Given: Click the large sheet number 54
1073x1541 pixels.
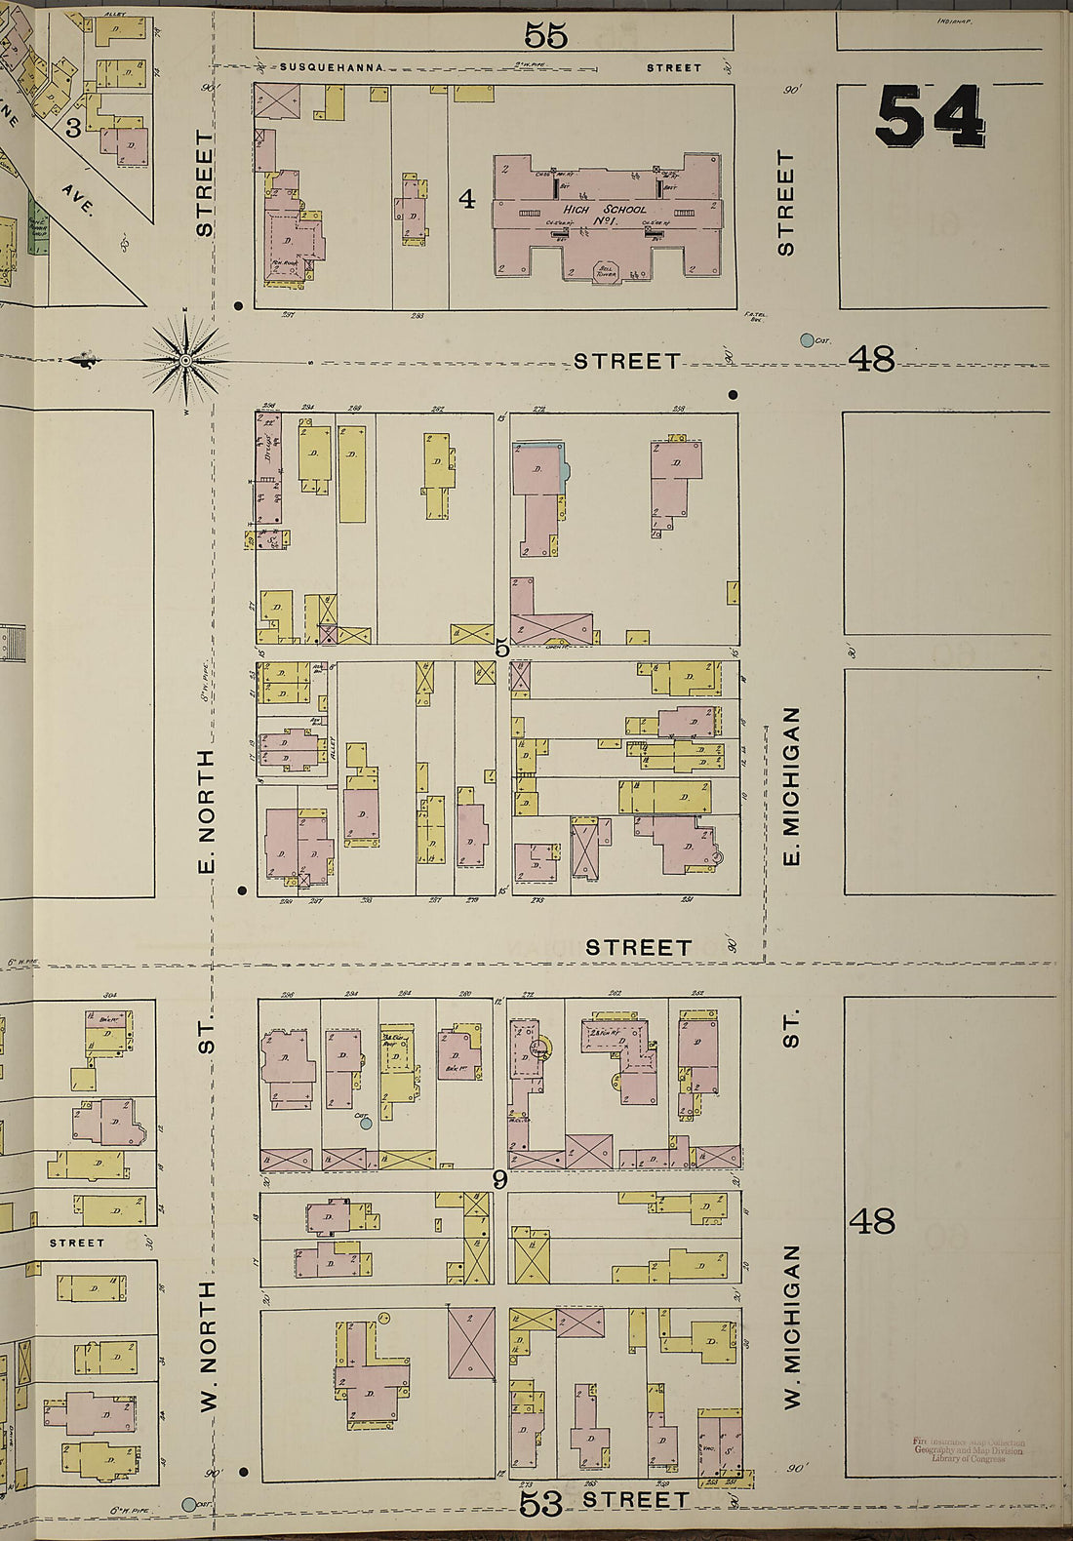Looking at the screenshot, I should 929,116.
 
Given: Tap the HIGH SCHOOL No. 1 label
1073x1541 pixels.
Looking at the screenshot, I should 604,215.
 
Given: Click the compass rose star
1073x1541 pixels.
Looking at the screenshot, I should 185,361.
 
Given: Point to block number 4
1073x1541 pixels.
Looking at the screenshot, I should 467,200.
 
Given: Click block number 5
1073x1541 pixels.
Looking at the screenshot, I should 501,648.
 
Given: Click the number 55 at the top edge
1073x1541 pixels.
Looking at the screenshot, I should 545,36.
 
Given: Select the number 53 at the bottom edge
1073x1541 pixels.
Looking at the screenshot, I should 540,1503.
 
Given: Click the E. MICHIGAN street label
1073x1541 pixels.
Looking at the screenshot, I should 792,786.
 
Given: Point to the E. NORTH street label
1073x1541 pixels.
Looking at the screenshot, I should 206,810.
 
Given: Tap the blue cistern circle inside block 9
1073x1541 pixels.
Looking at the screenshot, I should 366,1124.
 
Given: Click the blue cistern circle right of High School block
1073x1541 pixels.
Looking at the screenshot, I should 807,340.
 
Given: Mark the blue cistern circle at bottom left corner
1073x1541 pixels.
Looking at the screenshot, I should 189,1505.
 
